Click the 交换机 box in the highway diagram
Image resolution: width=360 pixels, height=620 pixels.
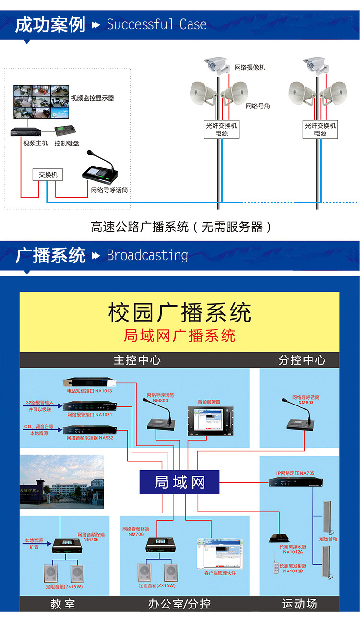point(48,175)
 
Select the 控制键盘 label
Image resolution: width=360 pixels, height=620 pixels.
point(67,143)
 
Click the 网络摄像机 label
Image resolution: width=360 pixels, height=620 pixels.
point(250,68)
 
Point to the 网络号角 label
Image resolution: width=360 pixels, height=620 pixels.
point(258,106)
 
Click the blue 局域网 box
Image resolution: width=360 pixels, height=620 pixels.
point(180,482)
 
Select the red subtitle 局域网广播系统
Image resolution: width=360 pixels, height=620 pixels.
point(180,335)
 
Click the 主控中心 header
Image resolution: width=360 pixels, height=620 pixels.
point(137,360)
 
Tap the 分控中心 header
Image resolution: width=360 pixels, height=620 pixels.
point(302,360)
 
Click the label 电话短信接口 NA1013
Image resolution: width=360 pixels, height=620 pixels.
point(89,391)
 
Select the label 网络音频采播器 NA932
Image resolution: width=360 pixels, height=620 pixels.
point(90,438)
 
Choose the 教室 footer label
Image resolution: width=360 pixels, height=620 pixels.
point(63,604)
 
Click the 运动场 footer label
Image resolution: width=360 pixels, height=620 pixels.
point(300,604)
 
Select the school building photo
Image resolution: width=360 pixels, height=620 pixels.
point(61,482)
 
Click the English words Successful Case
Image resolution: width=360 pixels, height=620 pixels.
point(156,24)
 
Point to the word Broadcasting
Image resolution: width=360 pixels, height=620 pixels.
point(147,255)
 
